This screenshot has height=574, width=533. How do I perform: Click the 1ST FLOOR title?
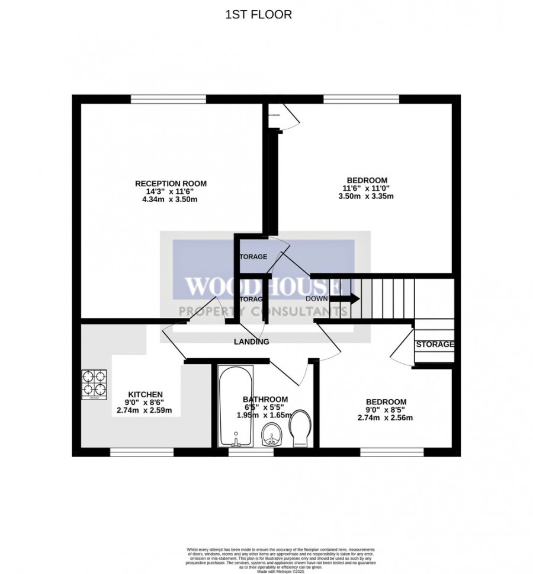[x=258, y=15]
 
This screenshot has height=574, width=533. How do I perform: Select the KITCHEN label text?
[x=146, y=394]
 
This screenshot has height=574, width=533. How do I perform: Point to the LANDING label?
[x=252, y=342]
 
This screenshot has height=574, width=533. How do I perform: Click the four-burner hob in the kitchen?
[x=94, y=384]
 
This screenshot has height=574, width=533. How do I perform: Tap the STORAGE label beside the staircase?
[x=435, y=345]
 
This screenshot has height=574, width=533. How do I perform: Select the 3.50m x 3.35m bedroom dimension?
[x=367, y=197]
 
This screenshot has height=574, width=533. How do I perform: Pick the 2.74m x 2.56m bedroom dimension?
[x=385, y=417]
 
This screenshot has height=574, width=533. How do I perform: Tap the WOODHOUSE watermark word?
[x=263, y=288]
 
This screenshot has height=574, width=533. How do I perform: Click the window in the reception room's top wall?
[x=168, y=98]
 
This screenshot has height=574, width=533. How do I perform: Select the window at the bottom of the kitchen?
[x=142, y=452]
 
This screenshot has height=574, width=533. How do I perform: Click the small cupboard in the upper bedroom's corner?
[x=274, y=118]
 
